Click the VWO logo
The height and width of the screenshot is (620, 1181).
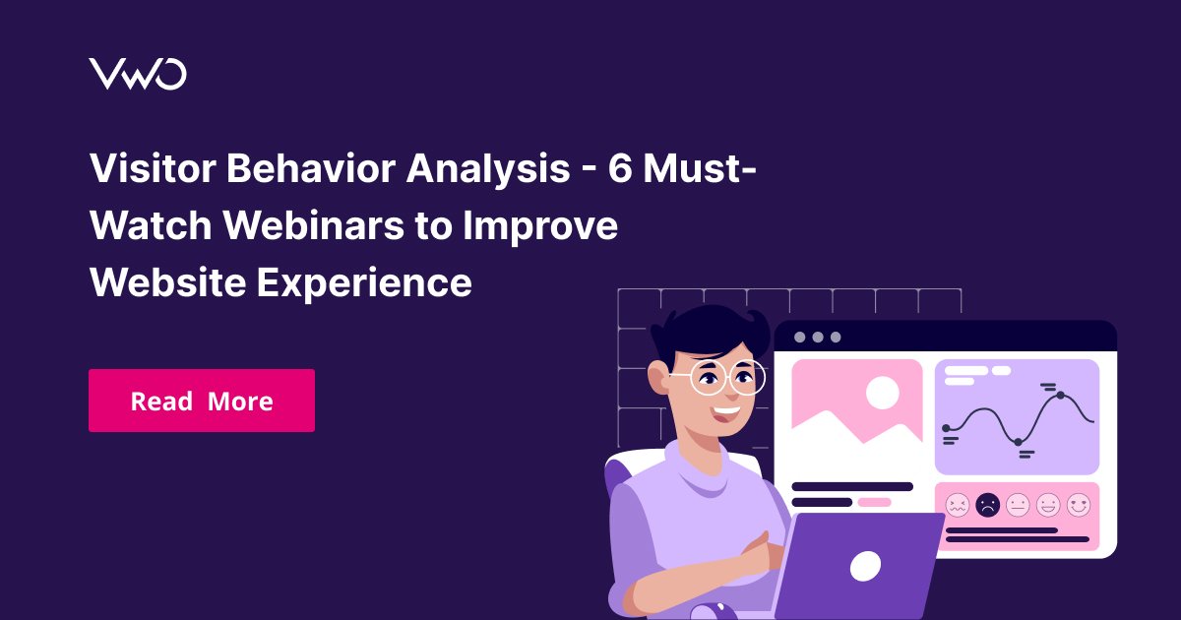[x=137, y=74]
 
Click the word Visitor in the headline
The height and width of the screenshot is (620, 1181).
[x=151, y=169]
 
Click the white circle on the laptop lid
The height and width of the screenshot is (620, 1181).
[x=865, y=565]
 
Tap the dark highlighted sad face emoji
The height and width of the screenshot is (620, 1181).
[x=987, y=505]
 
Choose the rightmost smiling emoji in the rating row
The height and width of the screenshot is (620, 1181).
[x=1079, y=505]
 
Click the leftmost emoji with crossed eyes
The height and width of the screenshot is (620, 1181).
[x=957, y=505]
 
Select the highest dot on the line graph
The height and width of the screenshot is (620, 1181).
[x=1060, y=396]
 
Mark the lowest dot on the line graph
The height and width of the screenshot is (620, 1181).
[x=1018, y=442]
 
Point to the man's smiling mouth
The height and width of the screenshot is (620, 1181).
[x=726, y=411]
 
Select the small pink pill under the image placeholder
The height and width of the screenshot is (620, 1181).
[x=874, y=502]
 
